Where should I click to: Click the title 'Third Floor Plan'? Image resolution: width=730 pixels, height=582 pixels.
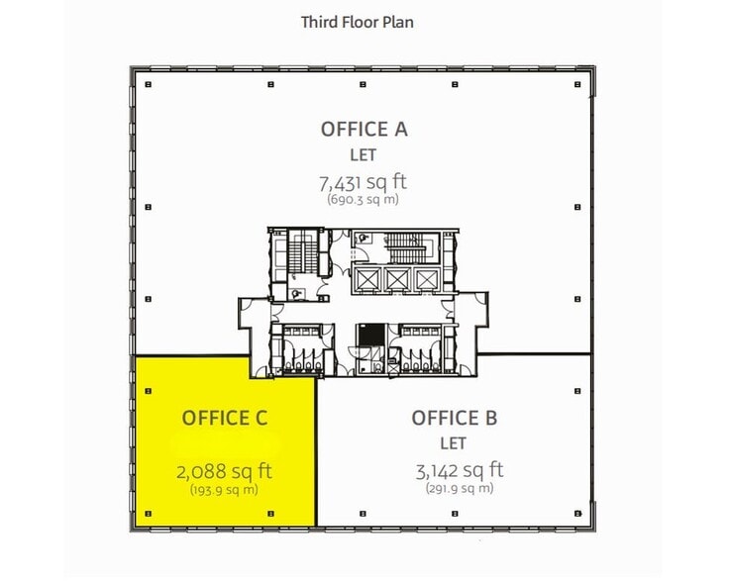357,21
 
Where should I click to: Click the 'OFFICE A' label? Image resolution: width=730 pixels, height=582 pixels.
364,129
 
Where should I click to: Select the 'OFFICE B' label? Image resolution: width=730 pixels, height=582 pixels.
455,417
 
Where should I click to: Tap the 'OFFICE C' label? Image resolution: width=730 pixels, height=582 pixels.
225,418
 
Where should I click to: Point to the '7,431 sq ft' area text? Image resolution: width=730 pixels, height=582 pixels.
363,182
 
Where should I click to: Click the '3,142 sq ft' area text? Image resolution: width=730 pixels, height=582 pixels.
459,469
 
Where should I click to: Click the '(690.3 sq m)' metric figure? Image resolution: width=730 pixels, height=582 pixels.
363,200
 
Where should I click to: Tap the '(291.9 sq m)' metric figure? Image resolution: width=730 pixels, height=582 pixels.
459,488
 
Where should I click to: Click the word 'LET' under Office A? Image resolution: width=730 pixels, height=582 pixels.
364,154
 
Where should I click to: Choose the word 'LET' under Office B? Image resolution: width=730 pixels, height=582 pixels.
455,442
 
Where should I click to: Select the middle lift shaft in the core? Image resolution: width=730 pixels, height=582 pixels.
398,280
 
